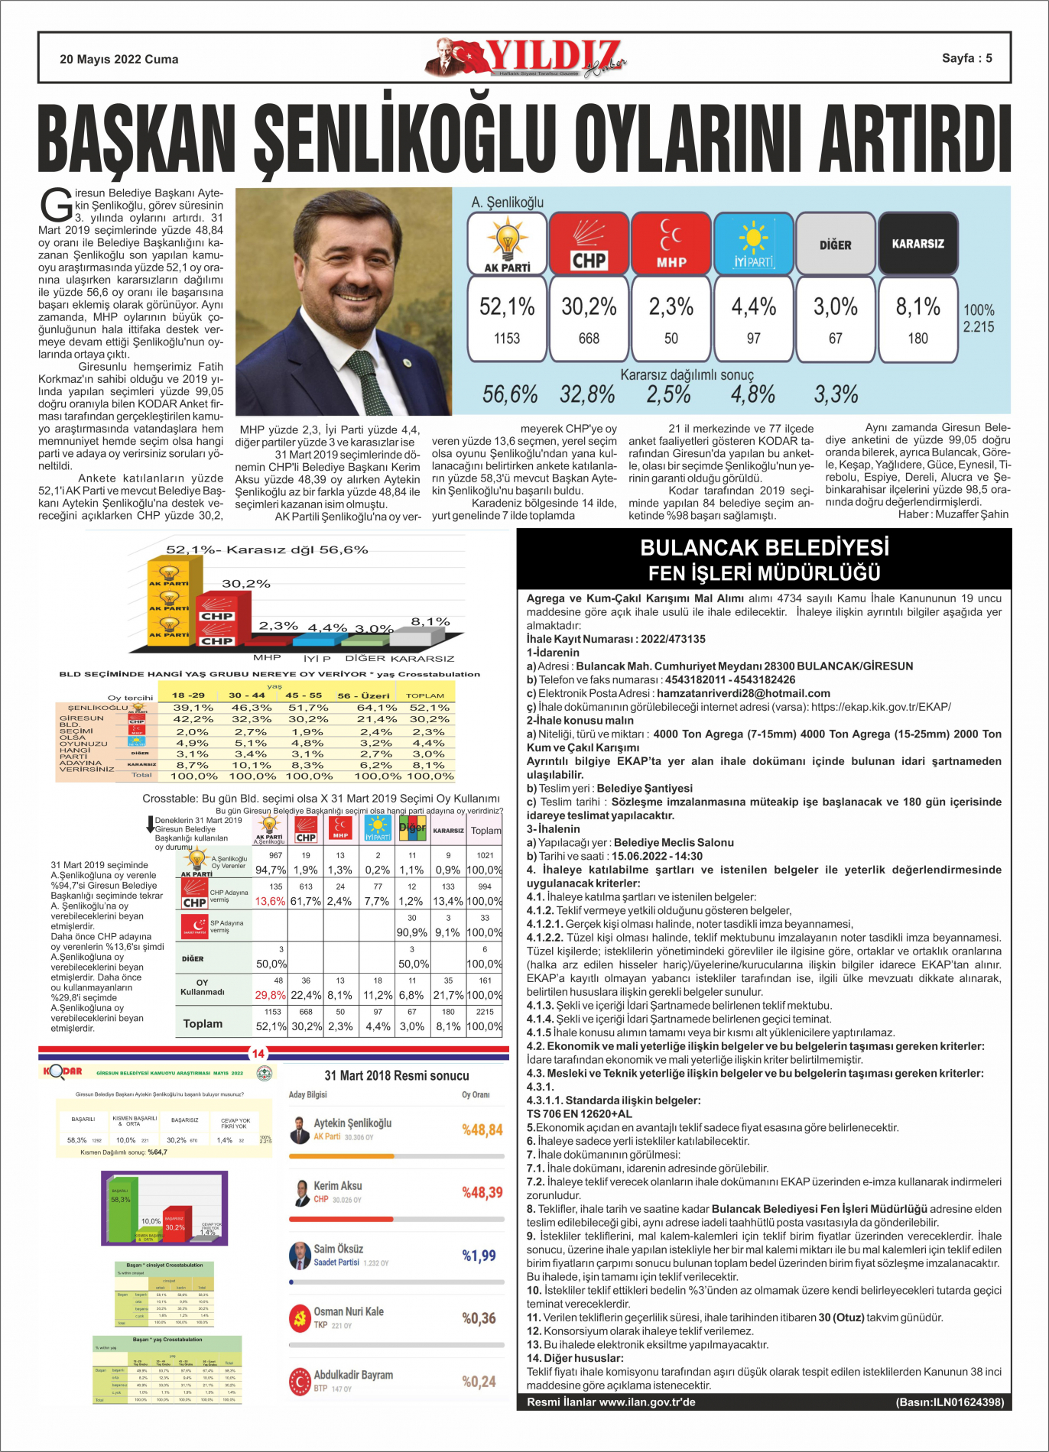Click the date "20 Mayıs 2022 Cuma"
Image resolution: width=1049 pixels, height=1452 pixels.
(x=119, y=60)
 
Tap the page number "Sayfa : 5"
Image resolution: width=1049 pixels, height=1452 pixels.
(x=966, y=58)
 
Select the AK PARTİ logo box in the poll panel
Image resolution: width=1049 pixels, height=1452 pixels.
(x=507, y=244)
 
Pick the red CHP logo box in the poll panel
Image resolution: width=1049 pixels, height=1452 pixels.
(x=589, y=244)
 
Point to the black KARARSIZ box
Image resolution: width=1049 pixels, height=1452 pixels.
(x=917, y=244)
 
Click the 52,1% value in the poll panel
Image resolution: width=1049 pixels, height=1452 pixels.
(x=507, y=307)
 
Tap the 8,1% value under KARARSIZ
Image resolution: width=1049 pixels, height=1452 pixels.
(x=917, y=307)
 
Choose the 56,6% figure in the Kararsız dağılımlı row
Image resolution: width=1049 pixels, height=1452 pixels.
(x=510, y=395)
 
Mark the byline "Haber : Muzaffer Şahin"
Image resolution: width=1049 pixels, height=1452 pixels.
(x=953, y=514)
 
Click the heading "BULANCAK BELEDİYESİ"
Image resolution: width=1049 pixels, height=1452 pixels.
(x=765, y=548)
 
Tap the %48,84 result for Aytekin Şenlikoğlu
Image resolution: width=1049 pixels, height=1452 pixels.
(x=482, y=1130)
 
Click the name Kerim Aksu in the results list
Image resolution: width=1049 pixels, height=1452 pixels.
(x=338, y=1185)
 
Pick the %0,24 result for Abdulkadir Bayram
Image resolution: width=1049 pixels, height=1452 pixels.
(x=479, y=1381)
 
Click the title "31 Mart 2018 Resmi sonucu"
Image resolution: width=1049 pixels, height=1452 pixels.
(x=397, y=1075)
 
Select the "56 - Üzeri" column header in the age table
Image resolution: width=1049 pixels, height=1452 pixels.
(x=364, y=695)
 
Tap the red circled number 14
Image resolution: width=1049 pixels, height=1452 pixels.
(x=258, y=1054)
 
